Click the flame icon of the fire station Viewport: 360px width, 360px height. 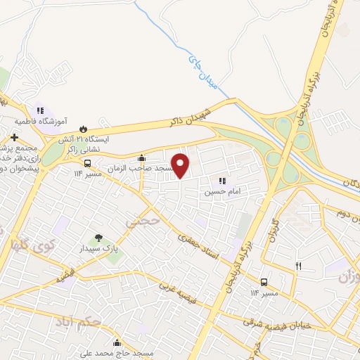click(84, 129)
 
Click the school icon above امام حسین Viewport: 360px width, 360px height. click(224, 181)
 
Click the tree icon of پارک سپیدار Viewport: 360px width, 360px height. click(98, 238)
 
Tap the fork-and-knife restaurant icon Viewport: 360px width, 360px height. click(299, 265)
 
